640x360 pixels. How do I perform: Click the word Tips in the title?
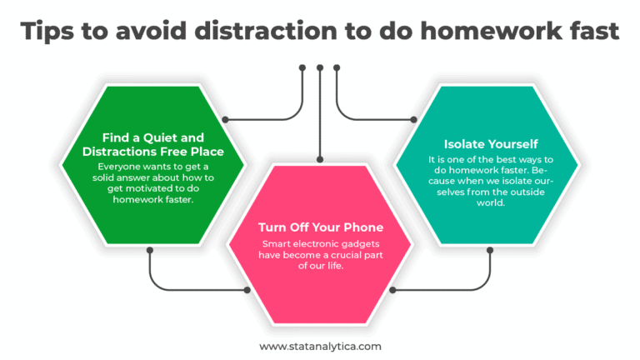tap(47, 32)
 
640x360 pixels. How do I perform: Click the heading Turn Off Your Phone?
tap(320, 227)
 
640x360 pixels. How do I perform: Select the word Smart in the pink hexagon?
tap(277, 243)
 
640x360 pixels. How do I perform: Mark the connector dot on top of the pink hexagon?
tap(320, 159)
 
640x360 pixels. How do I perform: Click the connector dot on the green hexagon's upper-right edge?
tap(225, 120)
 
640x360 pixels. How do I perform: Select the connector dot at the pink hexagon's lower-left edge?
tap(247, 290)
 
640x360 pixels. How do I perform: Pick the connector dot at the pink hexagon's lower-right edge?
tap(392, 290)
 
